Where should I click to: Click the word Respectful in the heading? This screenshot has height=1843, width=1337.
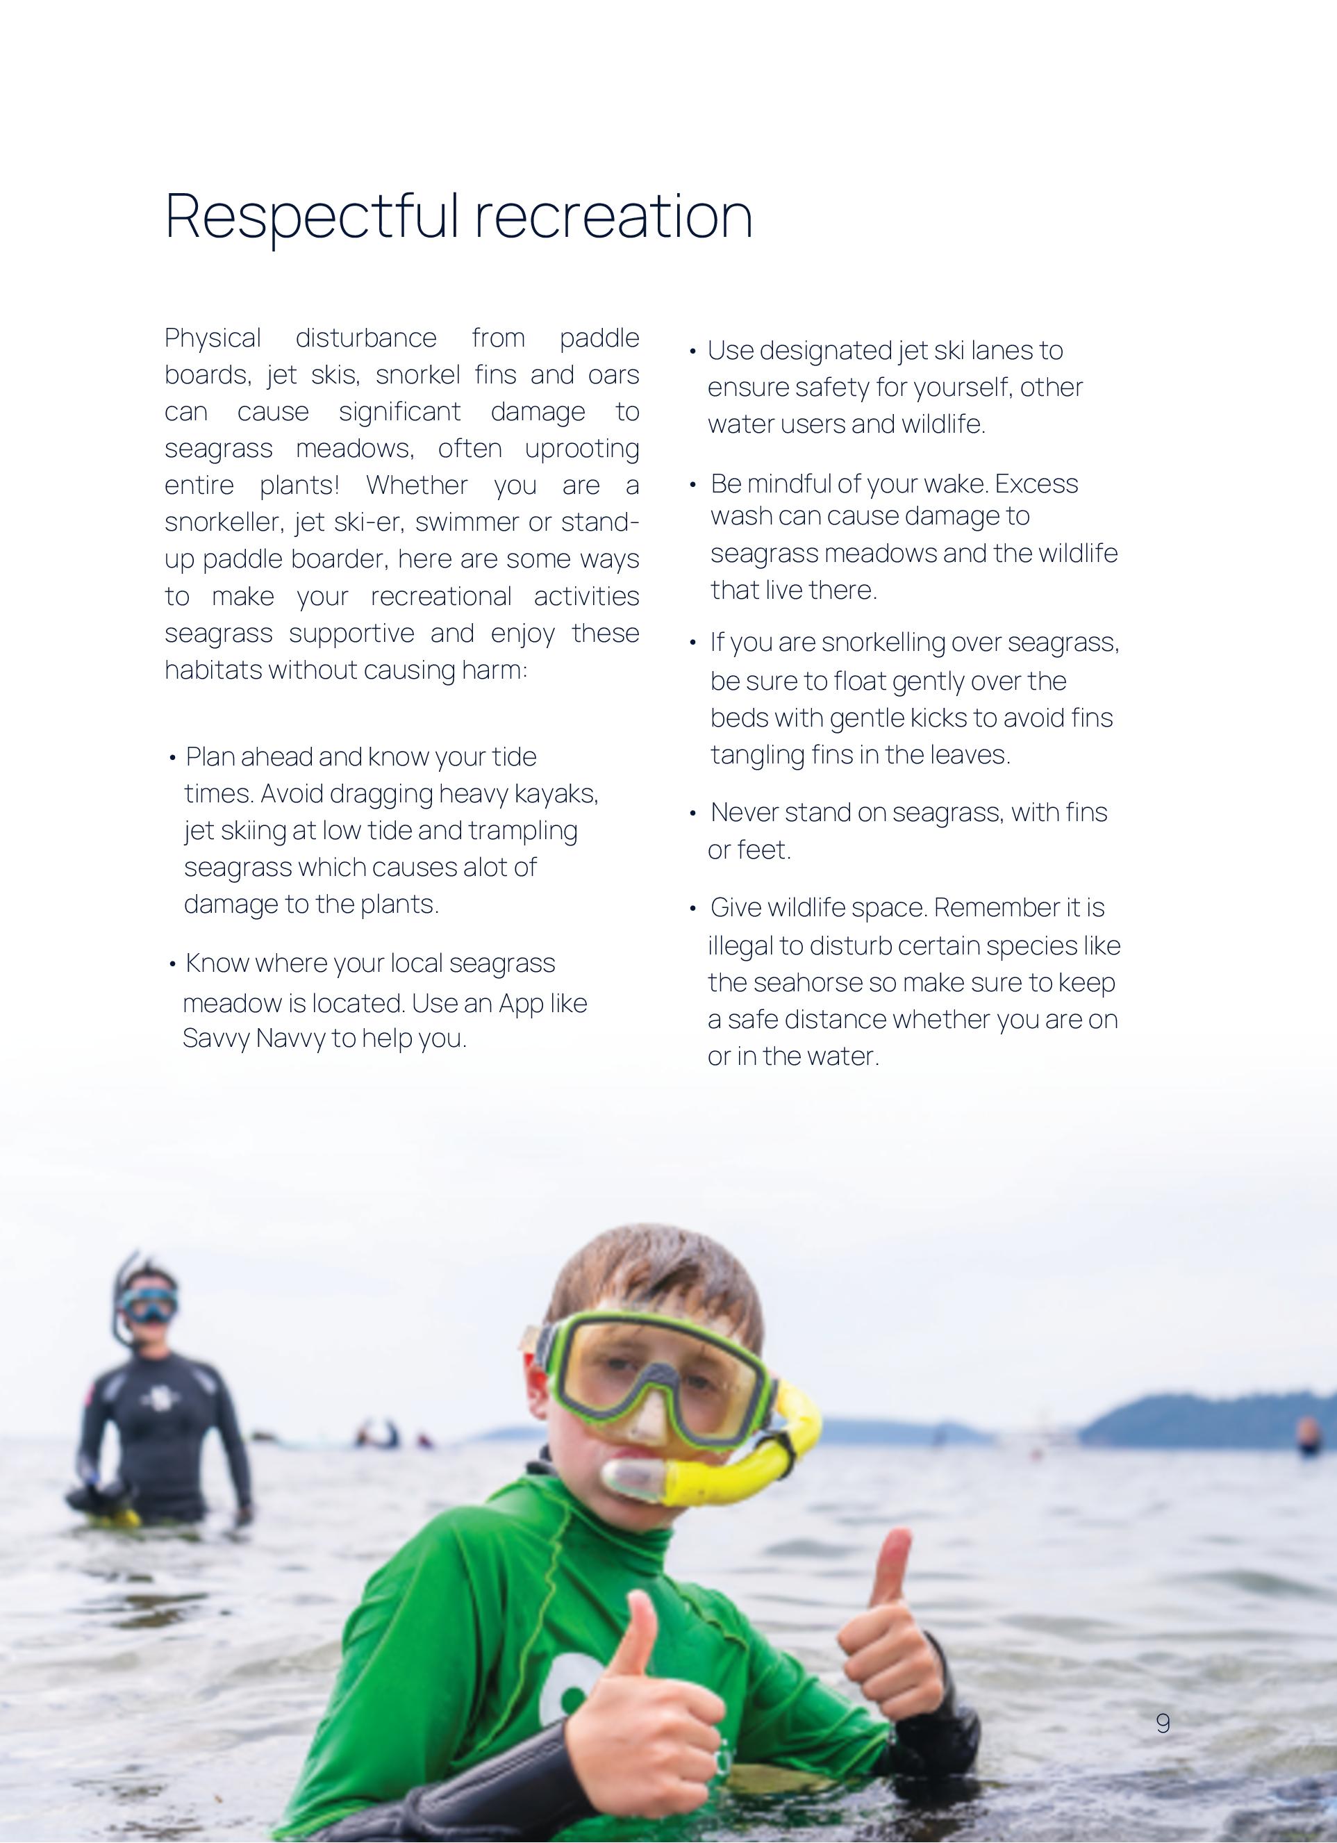coord(311,216)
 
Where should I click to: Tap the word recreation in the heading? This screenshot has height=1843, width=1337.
coord(613,216)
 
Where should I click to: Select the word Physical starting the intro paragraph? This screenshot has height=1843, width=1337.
coord(213,338)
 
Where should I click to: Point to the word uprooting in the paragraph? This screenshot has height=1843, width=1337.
coord(581,449)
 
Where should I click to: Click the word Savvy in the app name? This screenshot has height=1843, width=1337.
coord(215,1039)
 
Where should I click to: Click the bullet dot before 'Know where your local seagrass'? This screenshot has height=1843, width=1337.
coord(172,964)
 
